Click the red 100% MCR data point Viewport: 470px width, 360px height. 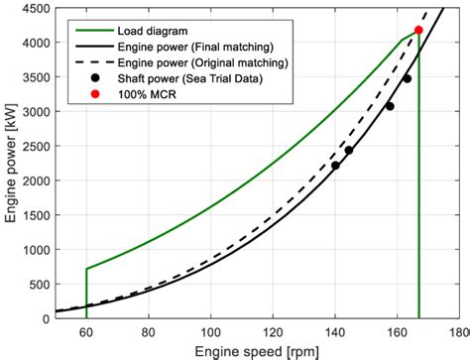point(418,30)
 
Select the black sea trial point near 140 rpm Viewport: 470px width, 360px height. point(335,166)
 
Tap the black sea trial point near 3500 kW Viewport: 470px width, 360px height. point(407,77)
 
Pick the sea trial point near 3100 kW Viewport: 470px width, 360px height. point(390,106)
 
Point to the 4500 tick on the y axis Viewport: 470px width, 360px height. point(35,9)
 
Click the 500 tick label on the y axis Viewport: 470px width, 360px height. point(38,285)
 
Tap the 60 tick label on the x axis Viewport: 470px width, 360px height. point(86,331)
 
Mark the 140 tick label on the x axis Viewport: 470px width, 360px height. point(334,331)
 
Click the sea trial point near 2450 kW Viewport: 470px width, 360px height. point(348,151)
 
